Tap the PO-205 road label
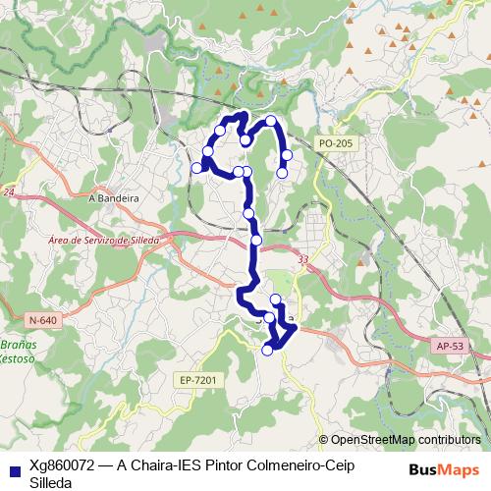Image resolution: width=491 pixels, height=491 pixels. (335, 143)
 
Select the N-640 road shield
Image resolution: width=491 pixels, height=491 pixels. (42, 320)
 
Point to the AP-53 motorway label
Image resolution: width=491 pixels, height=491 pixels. (449, 347)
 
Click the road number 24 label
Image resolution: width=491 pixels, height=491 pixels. (9, 192)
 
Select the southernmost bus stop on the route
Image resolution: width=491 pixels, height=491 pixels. (267, 350)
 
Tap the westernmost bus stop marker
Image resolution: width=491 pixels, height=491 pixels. (196, 168)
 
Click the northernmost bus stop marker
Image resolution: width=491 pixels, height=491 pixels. (271, 121)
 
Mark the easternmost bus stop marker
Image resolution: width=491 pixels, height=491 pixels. (287, 154)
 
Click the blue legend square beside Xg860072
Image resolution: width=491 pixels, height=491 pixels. (14, 466)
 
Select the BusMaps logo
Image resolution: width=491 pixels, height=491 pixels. (443, 468)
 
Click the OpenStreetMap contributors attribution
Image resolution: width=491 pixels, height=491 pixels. (405, 440)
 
